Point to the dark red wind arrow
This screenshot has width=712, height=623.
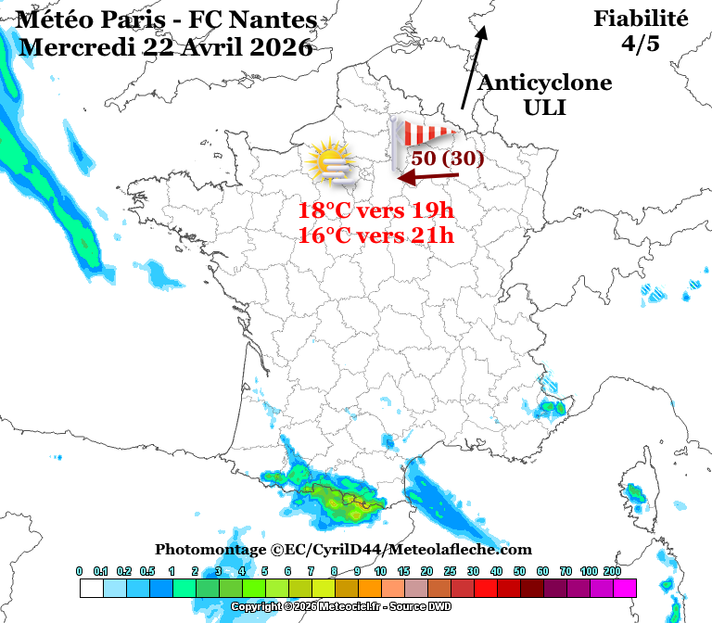pos(428,175)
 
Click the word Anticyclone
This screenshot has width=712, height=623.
pos(544,83)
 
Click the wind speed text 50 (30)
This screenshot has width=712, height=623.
pos(448,158)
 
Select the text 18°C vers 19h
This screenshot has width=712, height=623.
pos(375,210)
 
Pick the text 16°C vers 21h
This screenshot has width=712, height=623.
pos(375,235)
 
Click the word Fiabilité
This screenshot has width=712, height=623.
pos(641,19)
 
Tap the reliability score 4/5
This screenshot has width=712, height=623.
pos(641,43)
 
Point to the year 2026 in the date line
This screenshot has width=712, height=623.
pos(280,47)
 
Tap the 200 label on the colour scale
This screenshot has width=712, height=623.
pos(612,571)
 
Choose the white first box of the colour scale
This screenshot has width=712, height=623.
pos(91,588)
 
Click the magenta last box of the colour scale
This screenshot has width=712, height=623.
pos(624,588)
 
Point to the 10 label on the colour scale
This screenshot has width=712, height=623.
pos(380,571)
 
